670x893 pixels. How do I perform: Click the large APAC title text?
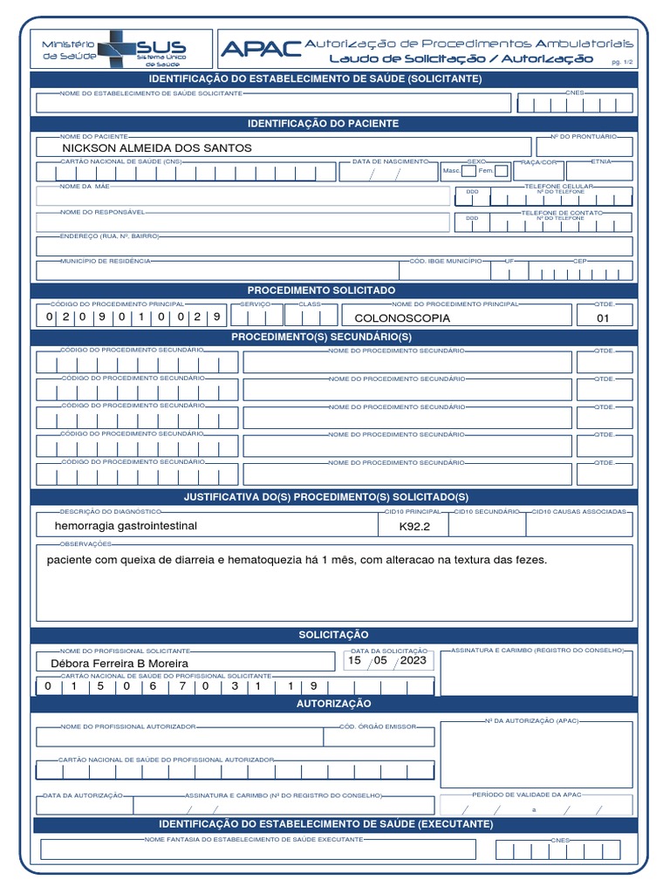click(261, 50)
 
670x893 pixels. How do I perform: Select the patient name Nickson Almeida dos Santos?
click(157, 148)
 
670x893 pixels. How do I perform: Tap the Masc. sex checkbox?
click(469, 171)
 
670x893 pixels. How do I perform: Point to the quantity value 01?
click(603, 318)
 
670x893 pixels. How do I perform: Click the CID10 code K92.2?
click(414, 527)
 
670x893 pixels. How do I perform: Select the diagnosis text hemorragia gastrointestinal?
click(126, 526)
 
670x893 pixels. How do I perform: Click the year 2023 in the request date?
click(413, 661)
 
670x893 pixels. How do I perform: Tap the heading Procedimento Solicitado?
click(321, 290)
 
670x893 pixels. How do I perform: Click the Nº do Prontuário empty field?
click(583, 148)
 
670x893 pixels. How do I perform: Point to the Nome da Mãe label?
click(85, 187)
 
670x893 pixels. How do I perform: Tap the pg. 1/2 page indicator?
click(623, 63)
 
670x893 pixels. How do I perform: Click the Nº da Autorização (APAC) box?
click(536, 754)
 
